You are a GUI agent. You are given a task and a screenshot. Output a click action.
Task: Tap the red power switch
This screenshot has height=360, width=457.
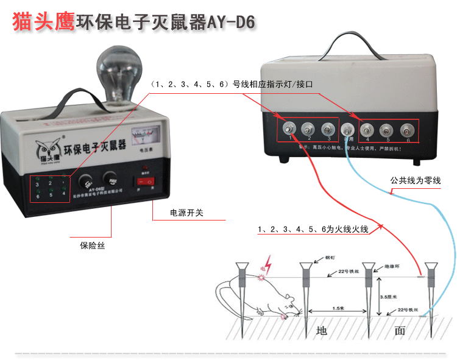coord(145,181)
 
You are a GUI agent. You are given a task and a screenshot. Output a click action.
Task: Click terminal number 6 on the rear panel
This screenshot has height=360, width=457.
coord(405,130)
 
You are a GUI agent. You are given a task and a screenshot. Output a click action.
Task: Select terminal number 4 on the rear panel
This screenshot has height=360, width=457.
coord(367,129)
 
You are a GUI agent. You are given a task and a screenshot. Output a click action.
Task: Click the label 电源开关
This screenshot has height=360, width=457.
coord(188,214)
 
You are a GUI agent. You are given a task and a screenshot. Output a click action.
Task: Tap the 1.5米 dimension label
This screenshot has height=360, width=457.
coord(339,308)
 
